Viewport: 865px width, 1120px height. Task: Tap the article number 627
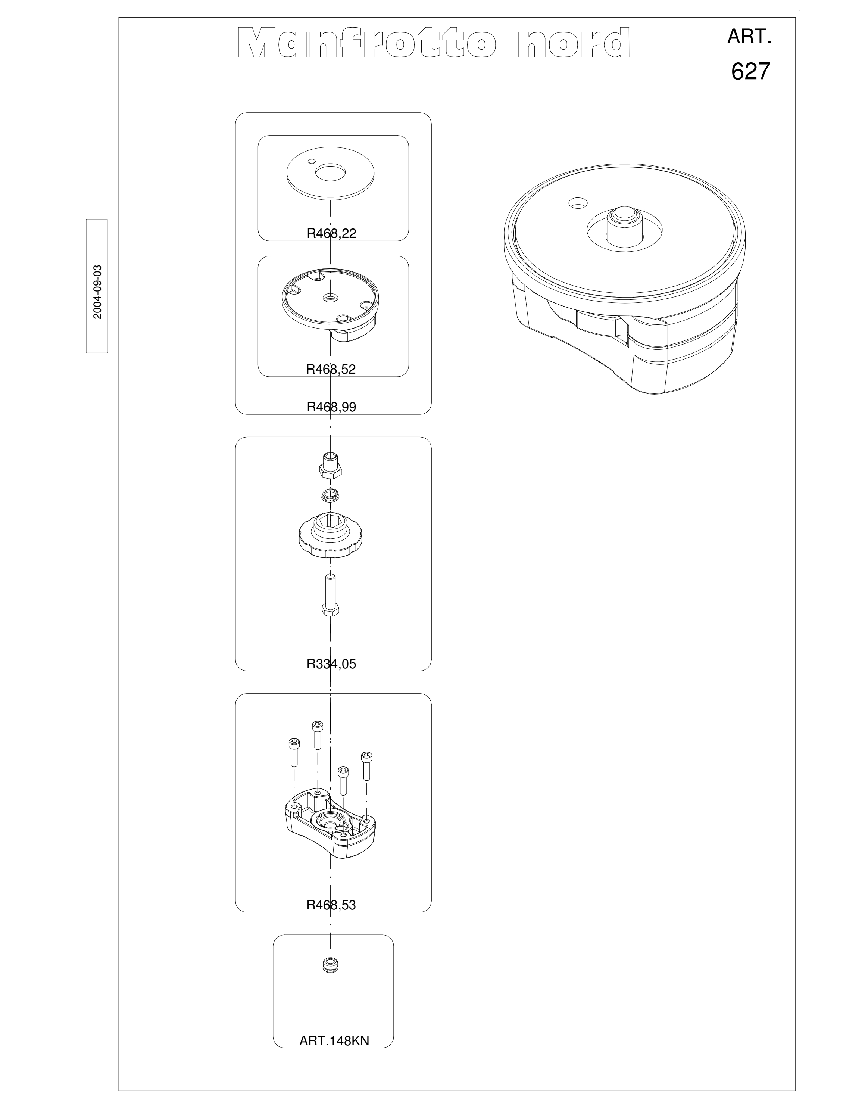click(x=750, y=71)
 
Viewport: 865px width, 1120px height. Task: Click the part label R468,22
click(x=331, y=233)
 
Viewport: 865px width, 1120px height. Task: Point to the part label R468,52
click(x=331, y=369)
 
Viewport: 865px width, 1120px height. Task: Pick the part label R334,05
click(x=331, y=664)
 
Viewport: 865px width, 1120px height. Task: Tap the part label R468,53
click(x=331, y=905)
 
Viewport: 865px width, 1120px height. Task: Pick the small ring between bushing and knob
click(x=331, y=495)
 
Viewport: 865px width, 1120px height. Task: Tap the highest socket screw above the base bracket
click(x=317, y=734)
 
